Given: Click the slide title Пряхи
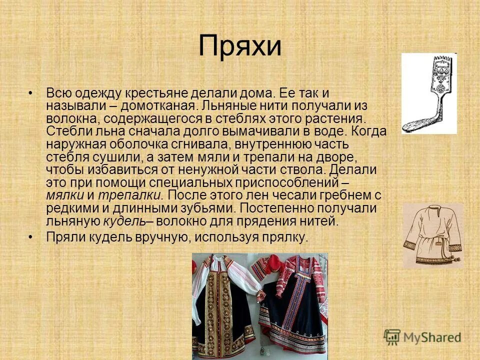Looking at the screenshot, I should [x=240, y=46].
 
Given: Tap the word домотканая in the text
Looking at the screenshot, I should [x=157, y=106].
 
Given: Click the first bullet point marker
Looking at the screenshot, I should [x=31, y=93].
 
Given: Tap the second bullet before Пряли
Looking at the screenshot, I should [x=31, y=237].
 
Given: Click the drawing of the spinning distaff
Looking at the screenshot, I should [x=429, y=93].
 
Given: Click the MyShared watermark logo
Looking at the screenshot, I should [x=422, y=337].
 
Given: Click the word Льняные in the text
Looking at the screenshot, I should [x=226, y=106].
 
